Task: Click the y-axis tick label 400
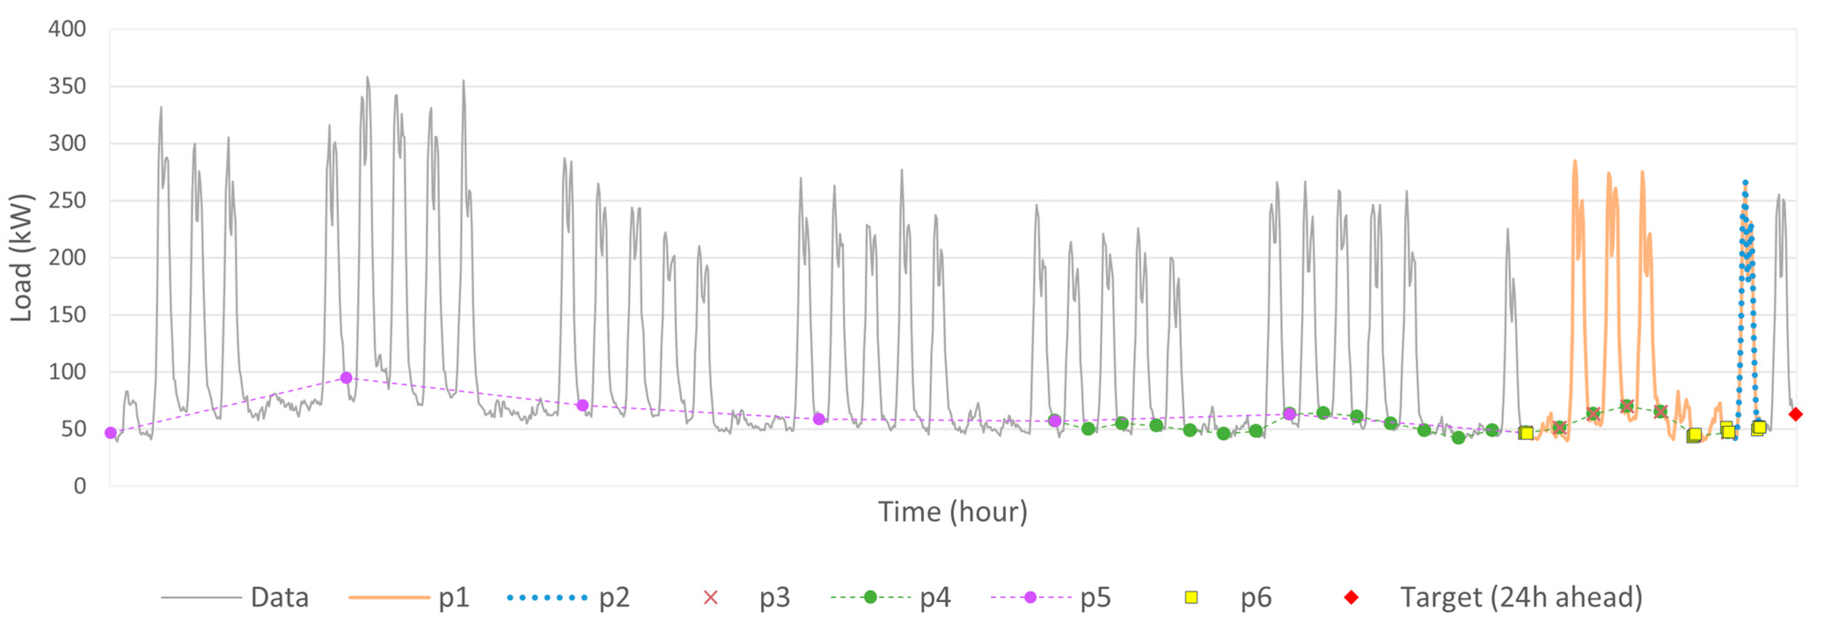pyautogui.click(x=67, y=29)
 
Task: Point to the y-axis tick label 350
pyautogui.click(x=67, y=86)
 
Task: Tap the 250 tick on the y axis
pyautogui.click(x=67, y=201)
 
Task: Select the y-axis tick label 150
pyautogui.click(x=67, y=314)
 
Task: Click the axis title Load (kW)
pyautogui.click(x=21, y=257)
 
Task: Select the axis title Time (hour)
pyautogui.click(x=952, y=512)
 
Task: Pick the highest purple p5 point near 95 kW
pyautogui.click(x=346, y=378)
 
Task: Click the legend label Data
pyautogui.click(x=280, y=598)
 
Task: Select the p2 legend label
pyautogui.click(x=614, y=598)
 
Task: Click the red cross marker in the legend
pyautogui.click(x=711, y=598)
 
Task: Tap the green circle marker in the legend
pyautogui.click(x=870, y=598)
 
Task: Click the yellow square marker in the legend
pyautogui.click(x=1191, y=598)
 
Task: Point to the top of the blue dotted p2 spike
pyautogui.click(x=1744, y=183)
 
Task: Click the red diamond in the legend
pyautogui.click(x=1351, y=598)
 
